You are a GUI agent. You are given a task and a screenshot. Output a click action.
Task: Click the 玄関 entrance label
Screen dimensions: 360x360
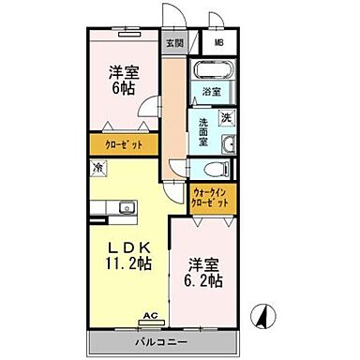point(175,43)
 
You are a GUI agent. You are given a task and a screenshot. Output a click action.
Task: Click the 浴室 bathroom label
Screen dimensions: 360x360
point(212,92)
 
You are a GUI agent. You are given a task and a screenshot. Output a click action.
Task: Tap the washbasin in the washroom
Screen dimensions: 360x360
point(228,143)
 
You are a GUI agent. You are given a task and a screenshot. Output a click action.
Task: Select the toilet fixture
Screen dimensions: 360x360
point(213,170)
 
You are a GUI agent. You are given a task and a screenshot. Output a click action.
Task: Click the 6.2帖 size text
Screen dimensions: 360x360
point(204,279)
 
